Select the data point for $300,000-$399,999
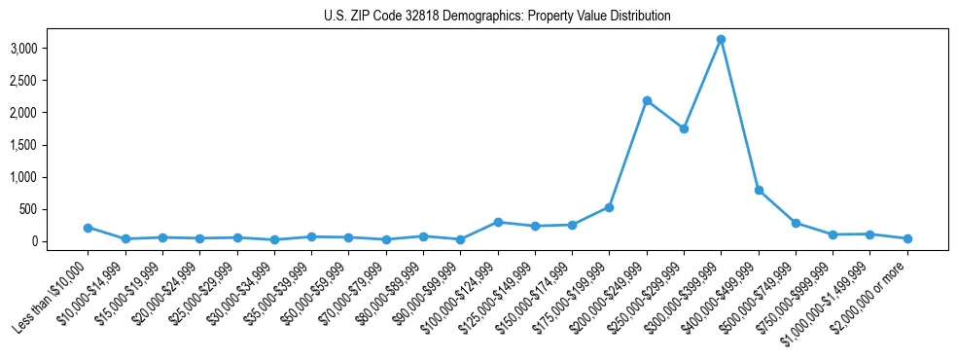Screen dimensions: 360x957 721,40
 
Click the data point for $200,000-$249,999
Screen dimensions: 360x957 647,101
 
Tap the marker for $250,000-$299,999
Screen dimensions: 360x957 684,128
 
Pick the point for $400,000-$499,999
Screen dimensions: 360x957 759,191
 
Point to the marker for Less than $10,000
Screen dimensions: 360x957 88,228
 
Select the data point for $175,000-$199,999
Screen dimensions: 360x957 609,207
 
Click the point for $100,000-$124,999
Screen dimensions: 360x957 498,223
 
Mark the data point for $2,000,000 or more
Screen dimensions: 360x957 907,238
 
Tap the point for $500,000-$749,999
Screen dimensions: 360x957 796,223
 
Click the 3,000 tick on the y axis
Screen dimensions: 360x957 51,49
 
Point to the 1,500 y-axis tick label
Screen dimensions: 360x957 51,145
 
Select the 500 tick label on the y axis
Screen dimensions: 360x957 56,209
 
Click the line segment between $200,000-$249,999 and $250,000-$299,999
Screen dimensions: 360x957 665,115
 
